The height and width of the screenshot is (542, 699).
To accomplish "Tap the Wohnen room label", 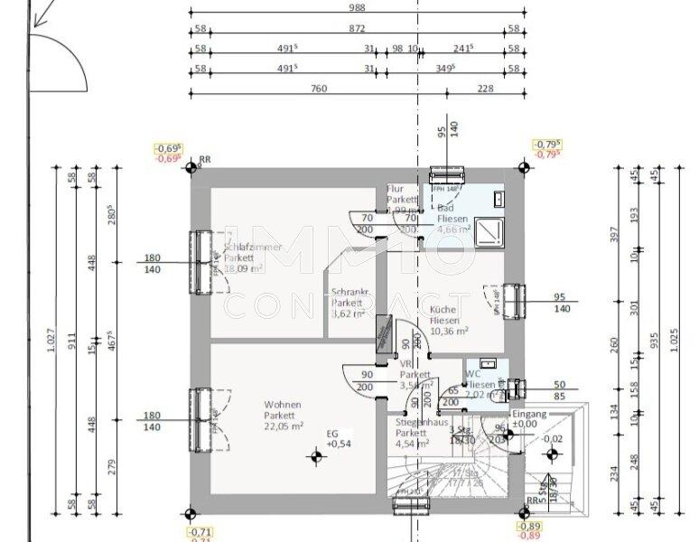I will pos(282,405).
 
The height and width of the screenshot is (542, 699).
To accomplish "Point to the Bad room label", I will pos(445,209).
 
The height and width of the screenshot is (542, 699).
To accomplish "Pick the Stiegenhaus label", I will pos(422,422).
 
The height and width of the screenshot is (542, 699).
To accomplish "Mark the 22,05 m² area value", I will pos(283,426).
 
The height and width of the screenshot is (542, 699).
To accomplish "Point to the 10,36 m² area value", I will pos(449,332).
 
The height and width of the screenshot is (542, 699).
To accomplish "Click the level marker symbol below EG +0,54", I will pos(316,457).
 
